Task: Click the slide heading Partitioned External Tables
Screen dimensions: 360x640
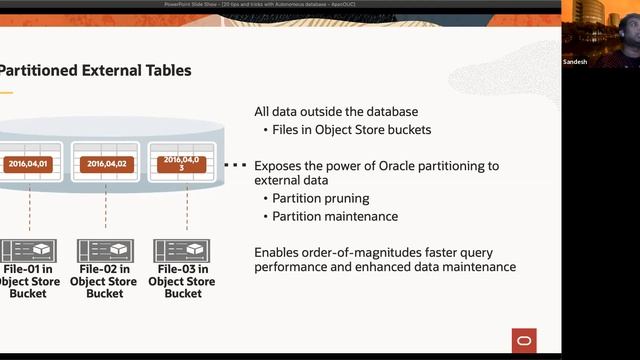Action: (x=95, y=70)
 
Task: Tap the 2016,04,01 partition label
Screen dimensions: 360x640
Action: (x=28, y=163)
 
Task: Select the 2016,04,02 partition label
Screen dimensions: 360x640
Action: (x=106, y=163)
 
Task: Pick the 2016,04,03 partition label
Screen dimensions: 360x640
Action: (x=182, y=163)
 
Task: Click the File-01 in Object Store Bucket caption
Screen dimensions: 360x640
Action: (x=28, y=281)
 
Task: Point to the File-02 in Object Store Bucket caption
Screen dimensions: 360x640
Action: (x=105, y=281)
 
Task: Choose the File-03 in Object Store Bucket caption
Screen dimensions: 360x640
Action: (x=183, y=281)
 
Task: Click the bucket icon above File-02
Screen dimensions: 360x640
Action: (x=105, y=250)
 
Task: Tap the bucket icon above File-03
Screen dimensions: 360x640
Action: (x=181, y=250)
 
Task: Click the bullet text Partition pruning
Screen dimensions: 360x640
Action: (x=321, y=198)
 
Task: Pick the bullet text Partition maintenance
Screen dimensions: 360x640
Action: (x=335, y=216)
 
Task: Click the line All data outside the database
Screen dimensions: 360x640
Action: (x=336, y=112)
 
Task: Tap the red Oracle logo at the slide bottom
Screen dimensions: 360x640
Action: (x=523, y=341)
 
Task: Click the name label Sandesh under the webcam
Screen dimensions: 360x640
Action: (x=575, y=62)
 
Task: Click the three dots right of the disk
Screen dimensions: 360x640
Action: (x=235, y=164)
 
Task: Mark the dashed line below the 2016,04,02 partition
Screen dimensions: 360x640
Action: (x=105, y=210)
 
